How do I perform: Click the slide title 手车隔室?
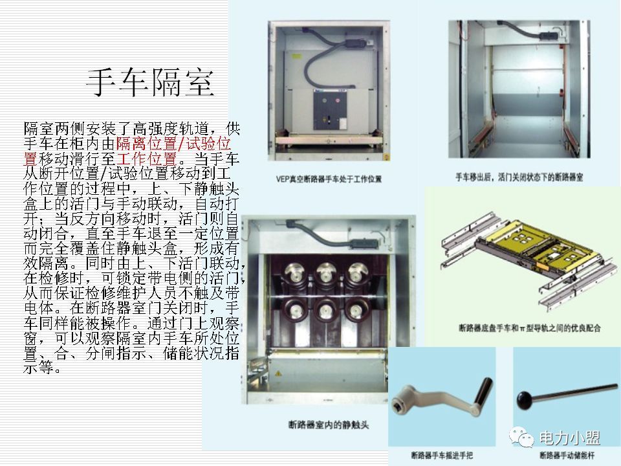point(149,83)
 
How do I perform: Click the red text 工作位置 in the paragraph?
point(147,159)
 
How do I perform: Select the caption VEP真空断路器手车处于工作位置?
point(329,178)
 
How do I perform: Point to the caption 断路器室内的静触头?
point(328,425)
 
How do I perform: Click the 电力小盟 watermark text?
point(569,438)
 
